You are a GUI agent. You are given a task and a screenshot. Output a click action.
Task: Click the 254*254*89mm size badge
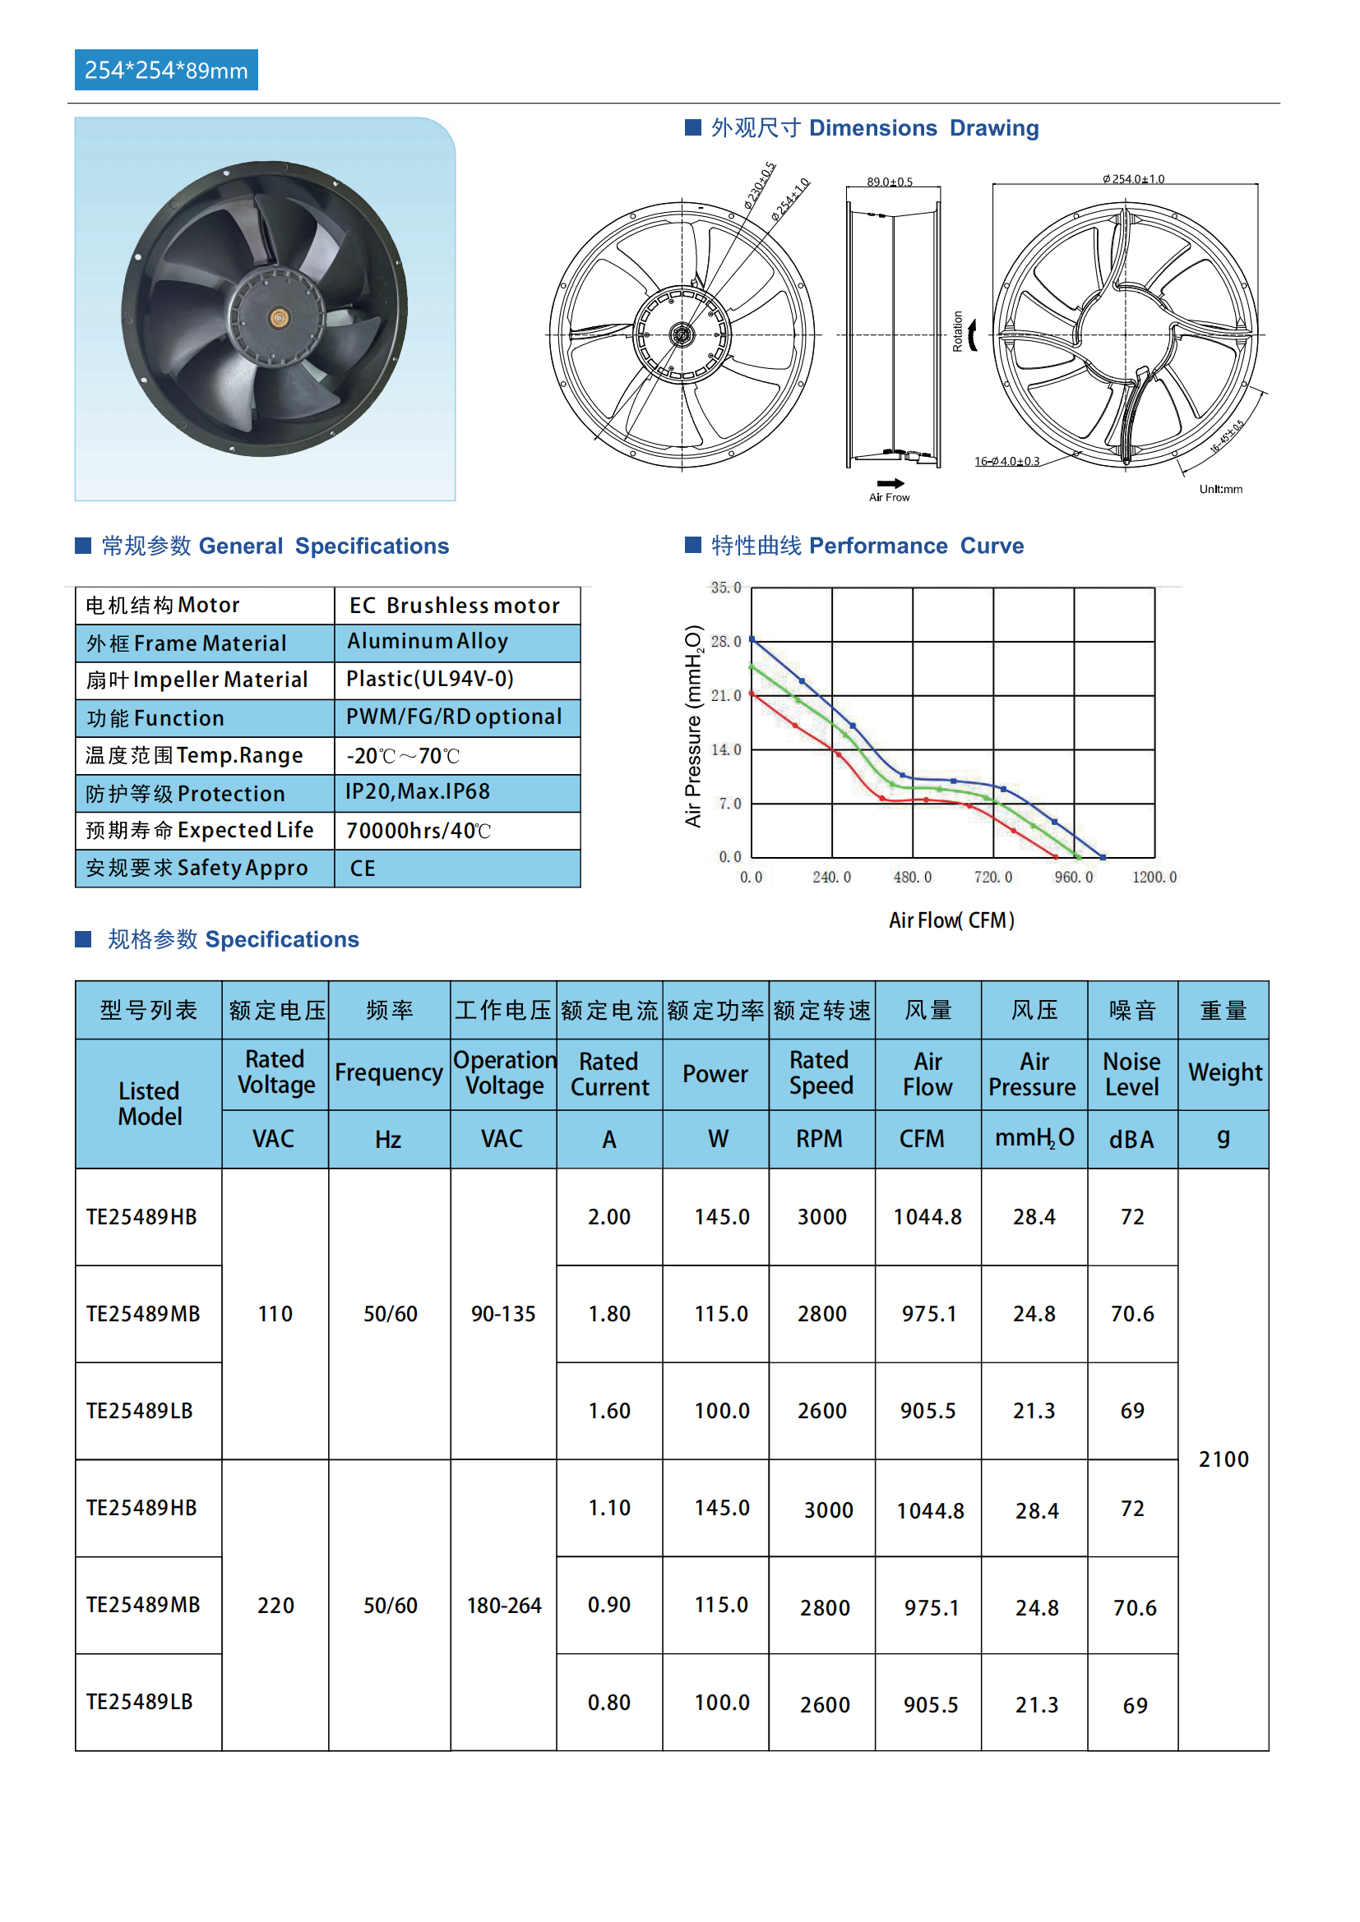point(166,71)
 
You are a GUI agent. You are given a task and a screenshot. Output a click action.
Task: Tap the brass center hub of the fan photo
point(279,317)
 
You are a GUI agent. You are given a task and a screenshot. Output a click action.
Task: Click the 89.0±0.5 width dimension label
point(890,182)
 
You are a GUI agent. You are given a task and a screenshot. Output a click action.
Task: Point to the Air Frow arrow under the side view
point(890,484)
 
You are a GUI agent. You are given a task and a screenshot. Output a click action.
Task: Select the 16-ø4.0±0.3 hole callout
point(1006,461)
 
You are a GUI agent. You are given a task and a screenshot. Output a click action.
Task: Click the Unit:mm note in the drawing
point(1220,489)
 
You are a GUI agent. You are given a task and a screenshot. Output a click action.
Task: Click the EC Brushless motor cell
point(455,606)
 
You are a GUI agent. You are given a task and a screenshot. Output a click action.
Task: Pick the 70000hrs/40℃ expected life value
point(418,831)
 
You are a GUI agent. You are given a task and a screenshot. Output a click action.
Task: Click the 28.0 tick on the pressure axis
point(725,641)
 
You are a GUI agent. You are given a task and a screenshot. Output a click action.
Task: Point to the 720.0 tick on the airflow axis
point(992,878)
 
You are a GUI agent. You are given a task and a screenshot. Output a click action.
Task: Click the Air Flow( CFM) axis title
point(951,921)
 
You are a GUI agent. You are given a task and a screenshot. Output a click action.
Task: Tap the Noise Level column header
point(1131,1074)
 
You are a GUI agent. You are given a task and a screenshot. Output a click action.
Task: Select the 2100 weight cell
point(1223,1460)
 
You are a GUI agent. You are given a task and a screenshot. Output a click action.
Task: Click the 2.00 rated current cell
point(608,1217)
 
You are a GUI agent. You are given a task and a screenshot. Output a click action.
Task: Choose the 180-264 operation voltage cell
point(503,1606)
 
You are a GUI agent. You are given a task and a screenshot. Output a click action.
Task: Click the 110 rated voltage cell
point(275,1314)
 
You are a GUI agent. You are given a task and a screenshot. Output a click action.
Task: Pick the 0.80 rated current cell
point(608,1703)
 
